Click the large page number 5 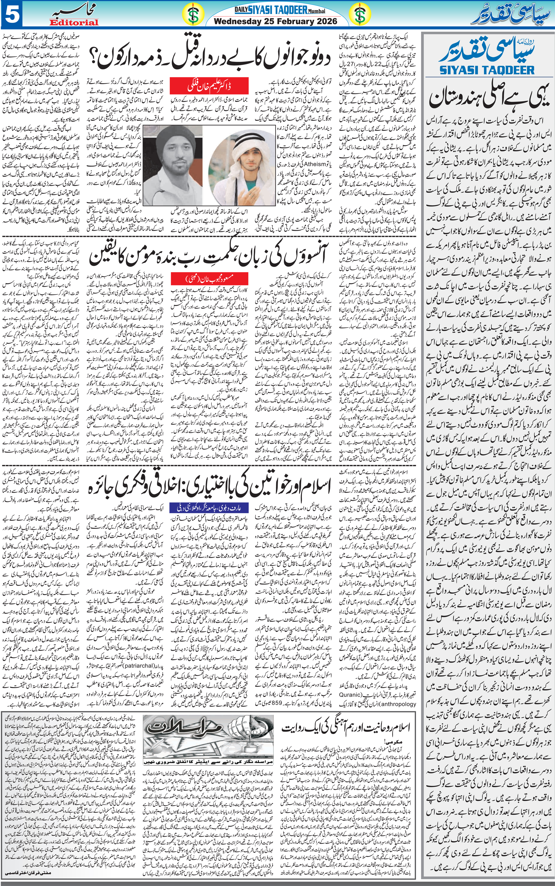tap(12, 14)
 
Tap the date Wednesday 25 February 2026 tap(275, 21)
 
